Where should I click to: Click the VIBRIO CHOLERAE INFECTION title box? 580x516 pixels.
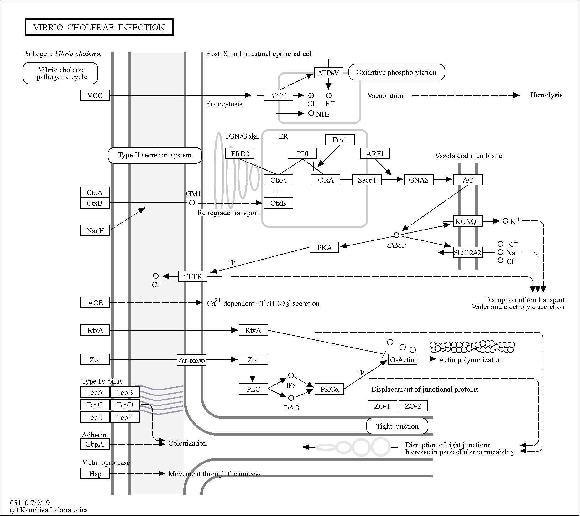99,27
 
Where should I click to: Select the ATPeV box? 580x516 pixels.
328,73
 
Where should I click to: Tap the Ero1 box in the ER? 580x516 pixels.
340,140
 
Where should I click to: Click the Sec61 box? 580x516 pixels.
367,180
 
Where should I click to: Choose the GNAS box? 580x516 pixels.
419,180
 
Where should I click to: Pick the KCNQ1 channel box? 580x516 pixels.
468,221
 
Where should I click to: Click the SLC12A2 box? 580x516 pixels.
468,252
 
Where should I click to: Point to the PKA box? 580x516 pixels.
324,247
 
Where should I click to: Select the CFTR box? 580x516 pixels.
193,276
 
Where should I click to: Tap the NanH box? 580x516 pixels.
95,230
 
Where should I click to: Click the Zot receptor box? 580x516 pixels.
191,360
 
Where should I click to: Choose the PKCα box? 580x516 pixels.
329,389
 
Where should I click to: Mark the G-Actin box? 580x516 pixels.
403,359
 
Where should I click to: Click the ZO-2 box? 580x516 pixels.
413,406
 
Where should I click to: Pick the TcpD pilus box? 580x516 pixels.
125,405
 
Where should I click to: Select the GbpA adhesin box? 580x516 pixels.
95,444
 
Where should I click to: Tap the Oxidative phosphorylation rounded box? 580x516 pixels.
397,72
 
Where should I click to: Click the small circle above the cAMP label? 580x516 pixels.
396,235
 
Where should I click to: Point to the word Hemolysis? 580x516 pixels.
546,95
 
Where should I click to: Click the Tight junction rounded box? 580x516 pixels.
397,426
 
